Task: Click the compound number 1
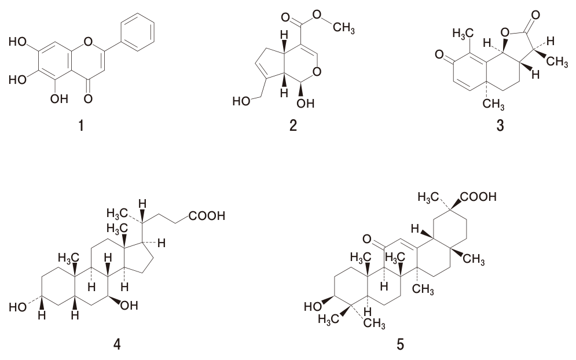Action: point(81,126)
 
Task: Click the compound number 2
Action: point(293,126)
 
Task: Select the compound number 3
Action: point(500,126)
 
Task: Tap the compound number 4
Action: point(117,344)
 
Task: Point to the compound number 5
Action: point(400,344)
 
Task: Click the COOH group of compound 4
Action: point(207,216)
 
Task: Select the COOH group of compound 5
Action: point(478,197)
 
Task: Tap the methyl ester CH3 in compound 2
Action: point(344,27)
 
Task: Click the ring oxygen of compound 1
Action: point(88,41)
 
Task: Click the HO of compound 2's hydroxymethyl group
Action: point(241,101)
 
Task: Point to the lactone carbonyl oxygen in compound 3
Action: point(535,15)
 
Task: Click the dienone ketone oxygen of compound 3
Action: point(439,55)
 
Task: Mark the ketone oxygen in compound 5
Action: point(367,239)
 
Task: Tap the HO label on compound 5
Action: point(313,306)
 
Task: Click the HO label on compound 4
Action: point(17,307)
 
